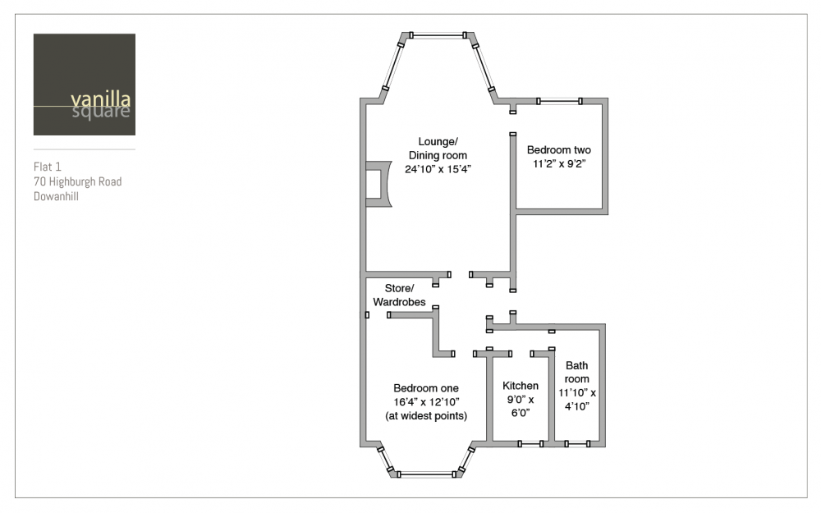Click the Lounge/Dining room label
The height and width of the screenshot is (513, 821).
click(438, 149)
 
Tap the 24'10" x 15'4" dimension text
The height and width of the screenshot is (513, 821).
click(438, 169)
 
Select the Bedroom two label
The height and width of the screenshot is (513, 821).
click(558, 149)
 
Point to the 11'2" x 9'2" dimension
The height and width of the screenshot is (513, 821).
click(558, 164)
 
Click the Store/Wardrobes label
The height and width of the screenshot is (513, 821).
click(399, 295)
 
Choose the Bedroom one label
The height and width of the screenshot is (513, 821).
click(425, 388)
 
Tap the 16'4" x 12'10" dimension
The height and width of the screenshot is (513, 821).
click(425, 402)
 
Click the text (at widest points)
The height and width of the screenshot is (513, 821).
click(425, 416)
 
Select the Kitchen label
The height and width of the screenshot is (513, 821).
click(520, 386)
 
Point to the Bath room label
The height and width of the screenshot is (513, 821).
click(576, 372)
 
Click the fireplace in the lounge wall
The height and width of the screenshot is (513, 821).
click(378, 184)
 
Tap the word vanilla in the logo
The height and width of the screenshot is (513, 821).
click(100, 98)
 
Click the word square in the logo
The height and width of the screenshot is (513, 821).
click(100, 112)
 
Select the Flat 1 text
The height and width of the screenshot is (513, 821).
click(47, 167)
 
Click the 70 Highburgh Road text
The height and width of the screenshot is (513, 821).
click(77, 181)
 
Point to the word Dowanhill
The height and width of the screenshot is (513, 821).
click(56, 197)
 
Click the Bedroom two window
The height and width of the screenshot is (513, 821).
click(559, 101)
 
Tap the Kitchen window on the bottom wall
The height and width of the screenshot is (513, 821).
click(530, 444)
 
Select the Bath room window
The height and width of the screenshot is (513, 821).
click(577, 444)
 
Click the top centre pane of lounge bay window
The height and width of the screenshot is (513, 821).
click(438, 35)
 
